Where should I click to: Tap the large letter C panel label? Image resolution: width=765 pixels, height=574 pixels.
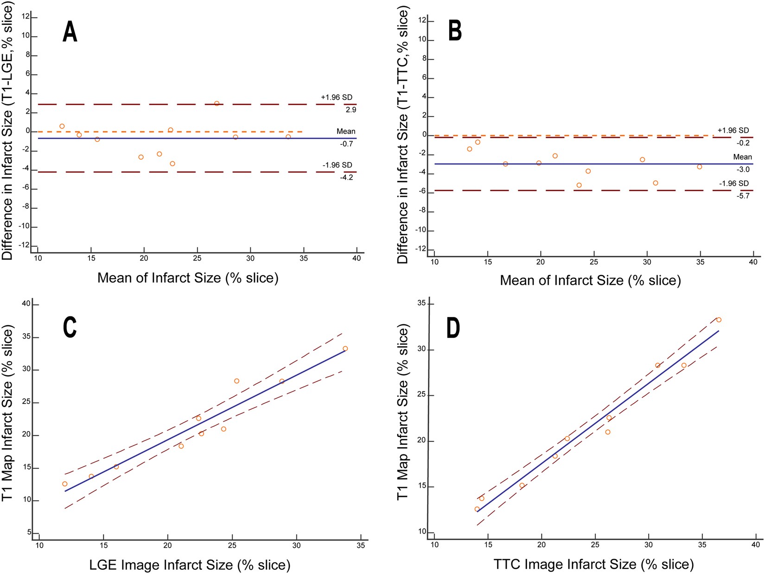(70, 327)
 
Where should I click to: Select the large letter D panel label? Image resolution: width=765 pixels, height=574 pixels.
(453, 328)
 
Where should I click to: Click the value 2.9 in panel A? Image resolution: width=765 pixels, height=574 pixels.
(351, 110)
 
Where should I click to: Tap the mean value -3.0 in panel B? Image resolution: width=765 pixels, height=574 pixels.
(743, 169)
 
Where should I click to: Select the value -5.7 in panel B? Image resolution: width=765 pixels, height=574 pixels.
(743, 196)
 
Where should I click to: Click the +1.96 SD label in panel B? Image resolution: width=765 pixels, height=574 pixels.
(733, 130)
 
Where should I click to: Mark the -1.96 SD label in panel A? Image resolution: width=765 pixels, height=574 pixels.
(338, 165)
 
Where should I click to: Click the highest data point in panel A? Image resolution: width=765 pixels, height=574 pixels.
(217, 103)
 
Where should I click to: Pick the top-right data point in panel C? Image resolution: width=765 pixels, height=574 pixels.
(345, 348)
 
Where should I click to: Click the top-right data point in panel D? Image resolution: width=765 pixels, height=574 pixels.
(719, 320)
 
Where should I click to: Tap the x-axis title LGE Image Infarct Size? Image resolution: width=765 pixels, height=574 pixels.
(190, 565)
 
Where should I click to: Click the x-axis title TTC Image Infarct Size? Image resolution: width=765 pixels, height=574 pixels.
(593, 564)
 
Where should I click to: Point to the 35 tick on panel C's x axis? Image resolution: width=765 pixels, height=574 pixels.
(361, 545)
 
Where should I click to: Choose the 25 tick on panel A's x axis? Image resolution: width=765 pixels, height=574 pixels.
(198, 258)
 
